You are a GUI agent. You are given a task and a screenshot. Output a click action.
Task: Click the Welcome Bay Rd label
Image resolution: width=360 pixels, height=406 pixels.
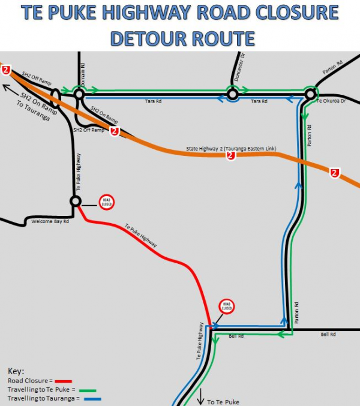tap(50, 221)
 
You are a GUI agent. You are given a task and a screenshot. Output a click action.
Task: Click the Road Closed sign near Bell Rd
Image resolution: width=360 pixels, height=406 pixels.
tap(226, 306)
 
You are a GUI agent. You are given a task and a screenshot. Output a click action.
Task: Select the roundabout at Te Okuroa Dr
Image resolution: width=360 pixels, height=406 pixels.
tap(310, 94)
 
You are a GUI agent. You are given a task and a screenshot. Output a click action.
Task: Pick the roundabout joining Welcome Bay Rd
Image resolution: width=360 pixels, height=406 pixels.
tap(76, 202)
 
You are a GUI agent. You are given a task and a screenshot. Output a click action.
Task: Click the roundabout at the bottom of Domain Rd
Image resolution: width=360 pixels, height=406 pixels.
tap(78, 94)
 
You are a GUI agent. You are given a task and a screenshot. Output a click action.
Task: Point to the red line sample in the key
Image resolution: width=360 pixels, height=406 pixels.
tap(63, 381)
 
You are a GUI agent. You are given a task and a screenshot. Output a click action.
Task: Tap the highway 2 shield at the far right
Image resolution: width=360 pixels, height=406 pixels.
tap(335, 173)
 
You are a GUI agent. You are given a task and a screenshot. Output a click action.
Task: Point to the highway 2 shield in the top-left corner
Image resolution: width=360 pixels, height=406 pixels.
tap(6, 70)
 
